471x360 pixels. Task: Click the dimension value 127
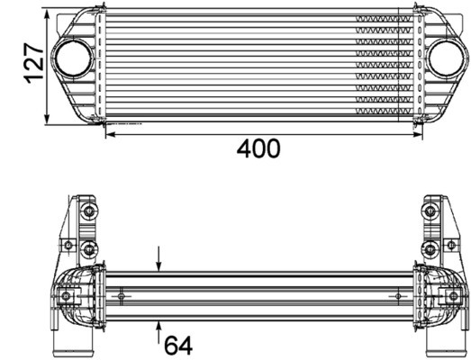click(x=33, y=65)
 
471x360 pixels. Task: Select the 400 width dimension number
click(x=258, y=149)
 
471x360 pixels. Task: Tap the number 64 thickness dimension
click(x=178, y=345)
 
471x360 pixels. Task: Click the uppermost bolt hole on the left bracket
click(x=86, y=212)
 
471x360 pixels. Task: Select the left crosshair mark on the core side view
click(x=122, y=295)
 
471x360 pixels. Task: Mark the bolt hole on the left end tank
click(x=66, y=295)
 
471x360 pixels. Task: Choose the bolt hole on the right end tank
click(x=447, y=295)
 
